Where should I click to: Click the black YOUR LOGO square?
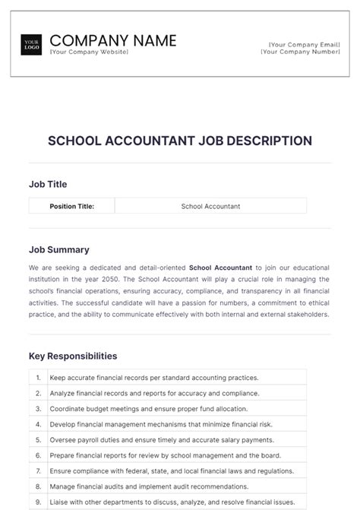[32, 45]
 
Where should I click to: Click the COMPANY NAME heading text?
[112, 40]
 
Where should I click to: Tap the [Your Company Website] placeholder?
[89, 52]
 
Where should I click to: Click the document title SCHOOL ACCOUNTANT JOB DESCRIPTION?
[180, 141]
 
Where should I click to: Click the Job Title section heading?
[48, 184]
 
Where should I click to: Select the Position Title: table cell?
[71, 206]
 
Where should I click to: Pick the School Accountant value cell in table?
[210, 206]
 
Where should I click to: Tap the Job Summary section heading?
[58, 249]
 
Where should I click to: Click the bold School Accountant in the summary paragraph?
[220, 268]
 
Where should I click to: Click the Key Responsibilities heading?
[73, 356]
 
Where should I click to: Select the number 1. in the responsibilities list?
[38, 377]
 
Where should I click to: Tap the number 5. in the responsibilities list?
[38, 440]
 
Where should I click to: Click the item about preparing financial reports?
[164, 455]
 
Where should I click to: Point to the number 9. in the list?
[38, 502]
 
